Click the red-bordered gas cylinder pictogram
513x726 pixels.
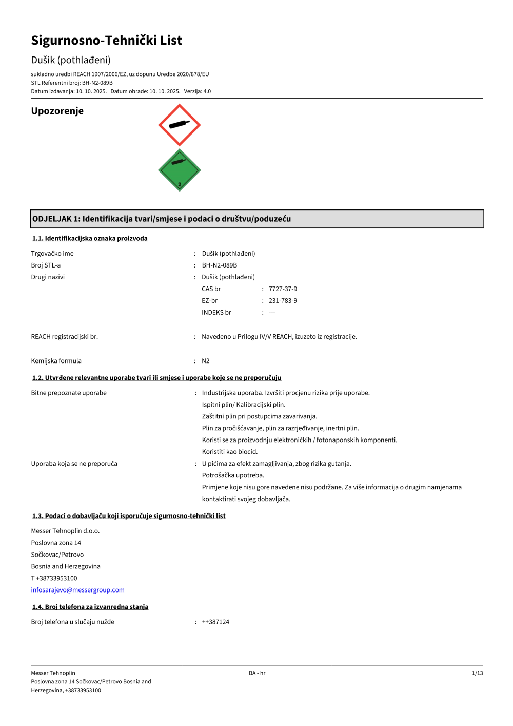click(179, 125)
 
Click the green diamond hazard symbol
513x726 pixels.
click(179, 170)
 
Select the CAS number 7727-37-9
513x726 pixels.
click(283, 289)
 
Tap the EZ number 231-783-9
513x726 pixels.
click(283, 301)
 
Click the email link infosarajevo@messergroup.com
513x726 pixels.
click(77, 590)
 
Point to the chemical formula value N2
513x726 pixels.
click(206, 361)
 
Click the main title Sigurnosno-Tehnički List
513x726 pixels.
click(107, 41)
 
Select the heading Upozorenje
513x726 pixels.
click(57, 111)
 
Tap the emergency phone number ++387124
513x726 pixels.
click(215, 622)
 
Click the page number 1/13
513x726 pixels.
click(477, 673)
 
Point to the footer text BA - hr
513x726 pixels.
click(257, 673)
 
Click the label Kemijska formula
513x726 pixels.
click(56, 361)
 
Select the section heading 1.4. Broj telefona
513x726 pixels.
click(90, 607)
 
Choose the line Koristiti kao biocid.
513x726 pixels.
click(230, 452)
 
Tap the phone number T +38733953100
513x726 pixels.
click(54, 578)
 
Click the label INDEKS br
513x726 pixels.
click(216, 313)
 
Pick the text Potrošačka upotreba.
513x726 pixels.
click(233, 475)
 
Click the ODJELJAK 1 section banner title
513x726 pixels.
click(162, 219)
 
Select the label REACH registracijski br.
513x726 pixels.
click(65, 337)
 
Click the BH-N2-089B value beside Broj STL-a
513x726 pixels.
click(220, 265)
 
